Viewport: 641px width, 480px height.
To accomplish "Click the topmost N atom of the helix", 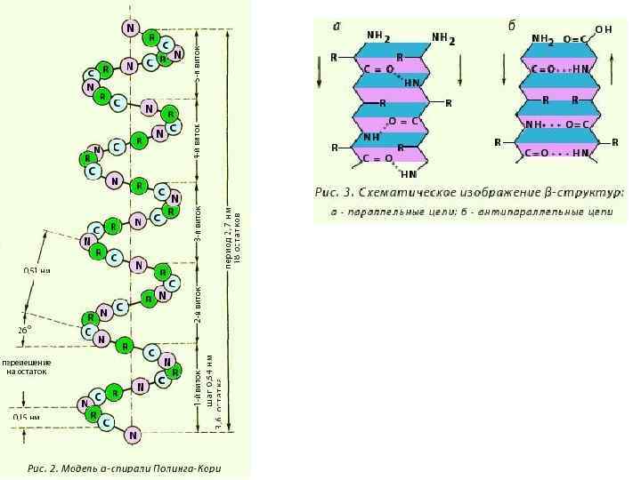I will click(x=132, y=28).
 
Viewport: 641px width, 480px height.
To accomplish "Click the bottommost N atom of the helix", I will click(x=133, y=435).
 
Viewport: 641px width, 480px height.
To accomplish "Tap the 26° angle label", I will click(x=24, y=329).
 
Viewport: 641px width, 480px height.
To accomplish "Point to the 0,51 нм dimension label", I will click(x=36, y=270).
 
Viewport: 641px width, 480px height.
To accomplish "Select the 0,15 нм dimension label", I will click(x=26, y=416).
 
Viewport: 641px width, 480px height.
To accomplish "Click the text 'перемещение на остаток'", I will click(x=26, y=367).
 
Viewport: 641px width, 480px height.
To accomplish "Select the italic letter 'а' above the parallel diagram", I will click(x=337, y=26).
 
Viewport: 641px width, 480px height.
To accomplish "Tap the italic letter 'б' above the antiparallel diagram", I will click(x=512, y=26).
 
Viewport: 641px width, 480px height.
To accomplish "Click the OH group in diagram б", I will click(x=603, y=29).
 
